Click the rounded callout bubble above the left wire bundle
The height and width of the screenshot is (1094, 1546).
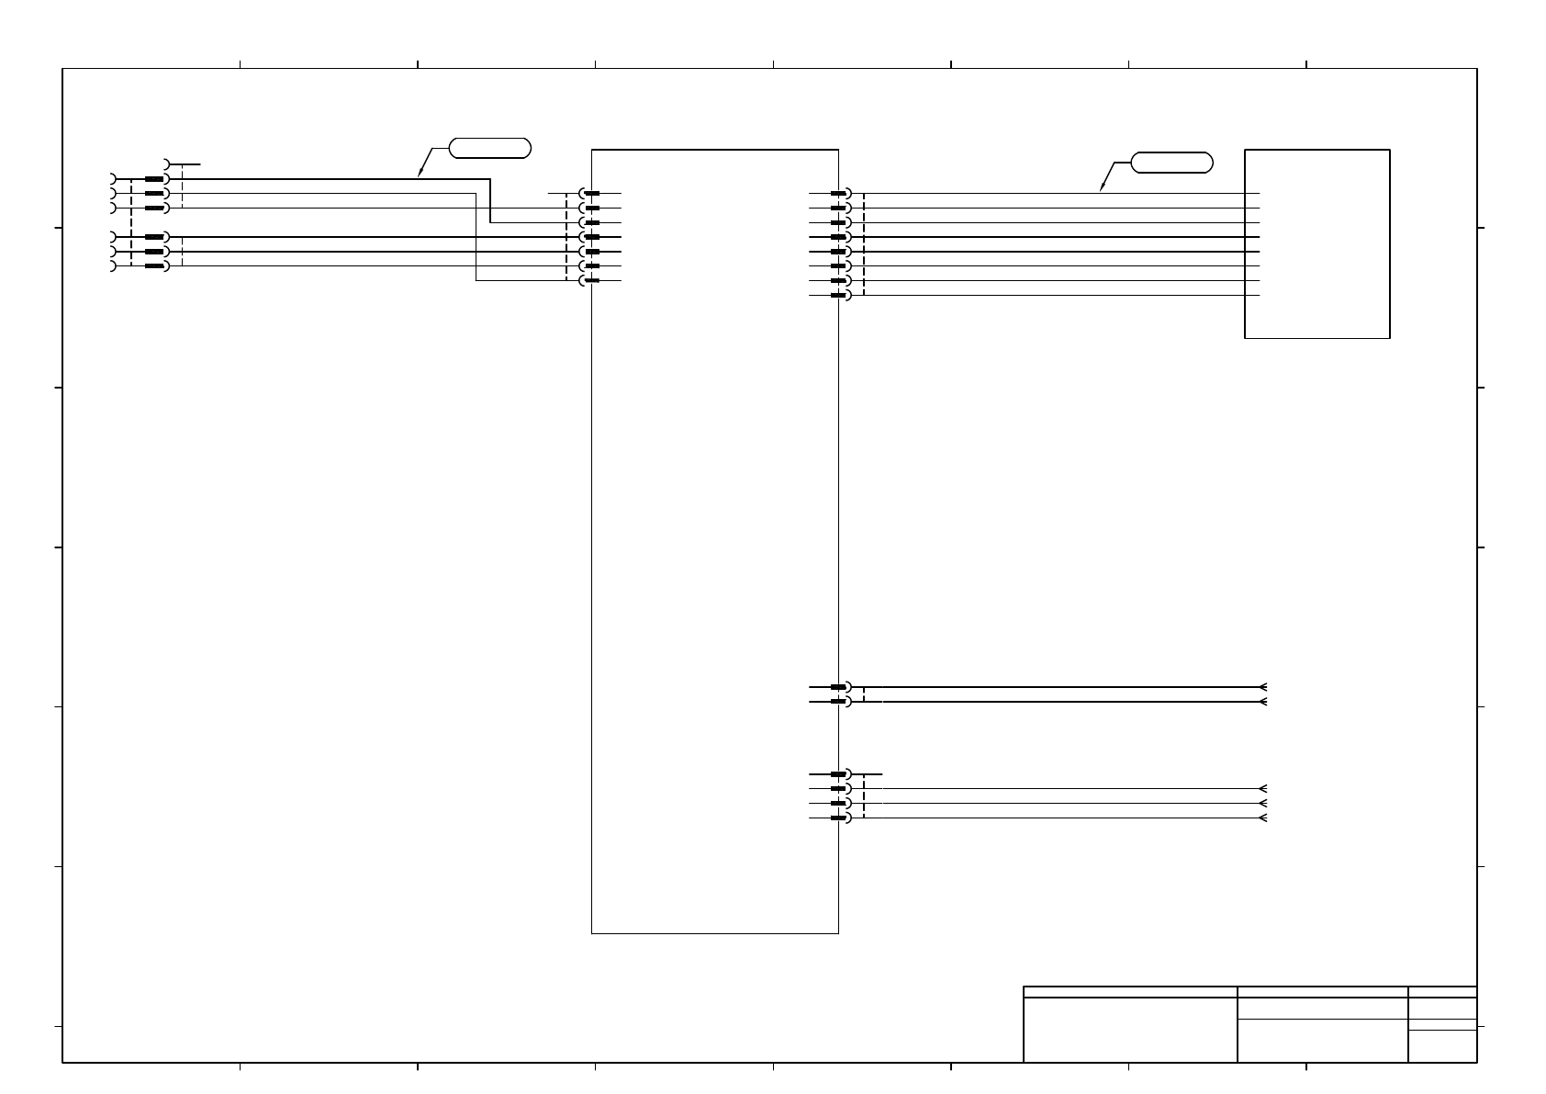490,148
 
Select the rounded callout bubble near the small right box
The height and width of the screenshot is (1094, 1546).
1171,164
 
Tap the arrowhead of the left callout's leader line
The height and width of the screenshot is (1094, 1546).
420,175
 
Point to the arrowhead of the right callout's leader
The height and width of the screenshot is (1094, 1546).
1102,190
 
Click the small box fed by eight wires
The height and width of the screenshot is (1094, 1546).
1316,243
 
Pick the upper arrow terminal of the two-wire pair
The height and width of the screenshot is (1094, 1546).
1264,687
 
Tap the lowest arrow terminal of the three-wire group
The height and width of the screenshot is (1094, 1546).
1264,818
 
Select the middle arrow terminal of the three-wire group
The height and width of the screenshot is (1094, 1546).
1264,803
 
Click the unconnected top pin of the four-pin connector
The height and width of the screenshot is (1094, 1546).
839,774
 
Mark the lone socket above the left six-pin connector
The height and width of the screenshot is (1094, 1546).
167,164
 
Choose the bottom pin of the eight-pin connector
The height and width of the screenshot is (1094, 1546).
839,296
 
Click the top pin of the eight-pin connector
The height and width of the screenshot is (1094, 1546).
839,194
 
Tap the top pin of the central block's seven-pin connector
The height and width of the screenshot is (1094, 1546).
591,194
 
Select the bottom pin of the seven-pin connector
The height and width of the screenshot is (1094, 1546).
591,280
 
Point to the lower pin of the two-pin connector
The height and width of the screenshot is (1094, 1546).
839,702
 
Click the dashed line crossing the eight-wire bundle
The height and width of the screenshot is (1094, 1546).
864,244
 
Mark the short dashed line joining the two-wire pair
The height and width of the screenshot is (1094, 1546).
864,694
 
